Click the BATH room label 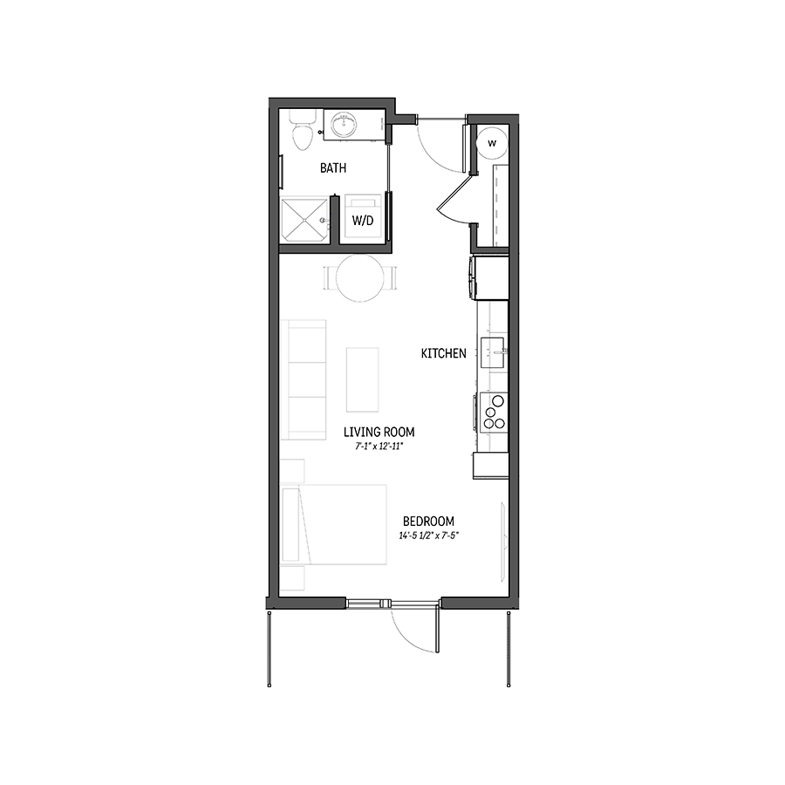pyautogui.click(x=333, y=168)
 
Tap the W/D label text pyautogui.click(x=362, y=221)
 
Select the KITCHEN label pyautogui.click(x=443, y=353)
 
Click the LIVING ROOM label pyautogui.click(x=379, y=432)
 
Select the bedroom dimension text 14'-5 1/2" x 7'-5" pyautogui.click(x=428, y=535)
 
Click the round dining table pyautogui.click(x=359, y=278)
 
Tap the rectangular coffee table pyautogui.click(x=362, y=379)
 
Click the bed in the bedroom pyautogui.click(x=336, y=526)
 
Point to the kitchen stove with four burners pyautogui.click(x=493, y=412)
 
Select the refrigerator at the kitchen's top pyautogui.click(x=489, y=276)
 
